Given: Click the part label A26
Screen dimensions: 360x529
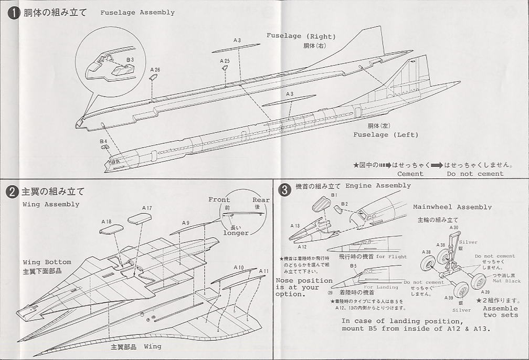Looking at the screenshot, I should (x=155, y=69).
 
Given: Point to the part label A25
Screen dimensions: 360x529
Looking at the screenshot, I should (x=225, y=61).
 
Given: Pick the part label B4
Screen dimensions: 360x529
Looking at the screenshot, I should (x=103, y=141).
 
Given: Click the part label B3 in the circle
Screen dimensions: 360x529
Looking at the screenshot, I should (x=130, y=60).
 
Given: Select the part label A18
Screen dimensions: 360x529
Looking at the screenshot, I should (x=106, y=221).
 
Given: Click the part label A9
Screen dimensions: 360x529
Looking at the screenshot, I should (x=186, y=223).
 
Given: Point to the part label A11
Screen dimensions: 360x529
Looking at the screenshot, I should (x=263, y=271).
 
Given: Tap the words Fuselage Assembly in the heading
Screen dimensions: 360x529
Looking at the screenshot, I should (x=137, y=12).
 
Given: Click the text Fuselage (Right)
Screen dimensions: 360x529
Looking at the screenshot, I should (x=301, y=36).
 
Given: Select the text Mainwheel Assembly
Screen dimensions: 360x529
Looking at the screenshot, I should (x=452, y=207).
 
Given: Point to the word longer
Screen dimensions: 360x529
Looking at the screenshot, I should (x=236, y=232).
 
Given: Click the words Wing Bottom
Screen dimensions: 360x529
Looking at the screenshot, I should (x=47, y=262).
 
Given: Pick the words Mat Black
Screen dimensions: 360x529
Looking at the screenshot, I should (x=506, y=281).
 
